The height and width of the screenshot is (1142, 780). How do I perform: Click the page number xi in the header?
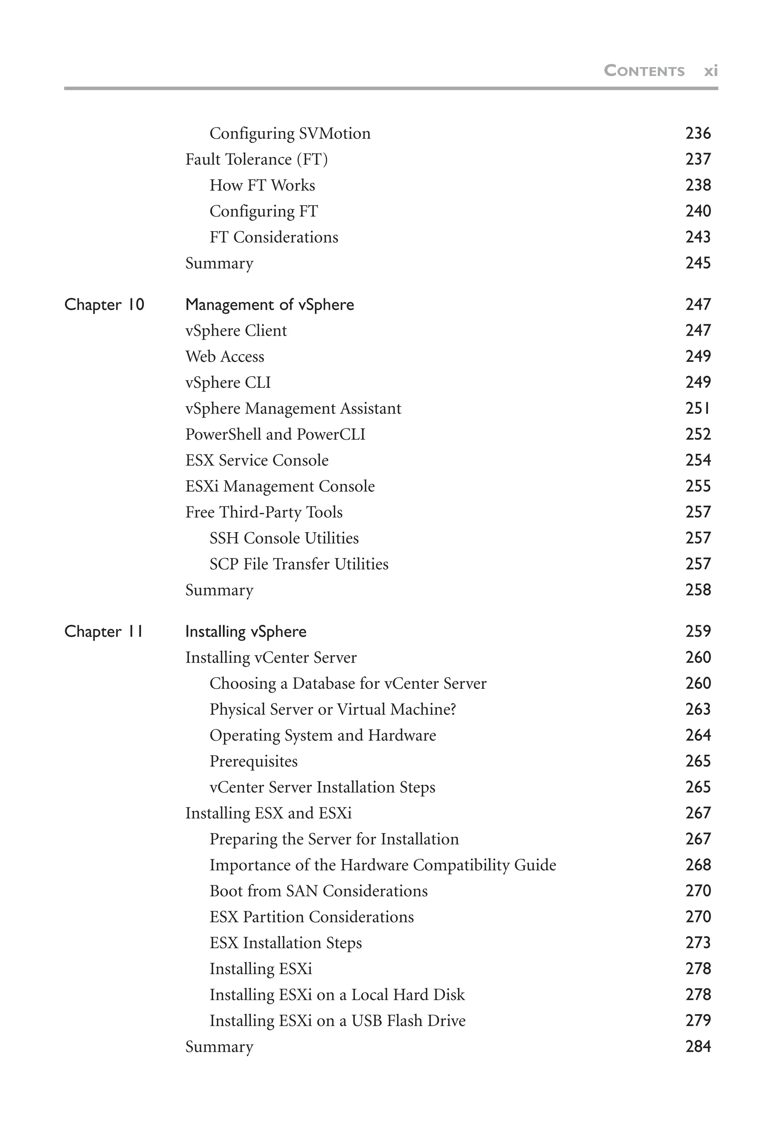click(x=711, y=71)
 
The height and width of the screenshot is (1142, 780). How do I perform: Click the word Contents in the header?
click(x=644, y=71)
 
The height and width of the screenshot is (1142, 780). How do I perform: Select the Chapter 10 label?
click(x=104, y=305)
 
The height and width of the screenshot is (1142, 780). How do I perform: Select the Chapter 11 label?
click(x=104, y=632)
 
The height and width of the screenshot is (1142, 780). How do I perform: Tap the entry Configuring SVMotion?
click(x=290, y=134)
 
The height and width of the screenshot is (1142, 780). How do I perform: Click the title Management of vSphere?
click(x=269, y=305)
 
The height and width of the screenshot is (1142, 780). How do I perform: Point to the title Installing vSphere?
click(x=246, y=632)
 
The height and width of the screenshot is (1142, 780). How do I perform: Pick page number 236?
click(x=698, y=134)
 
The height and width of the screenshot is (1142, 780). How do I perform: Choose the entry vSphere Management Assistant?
click(x=293, y=408)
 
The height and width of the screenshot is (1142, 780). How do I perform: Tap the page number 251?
click(x=698, y=408)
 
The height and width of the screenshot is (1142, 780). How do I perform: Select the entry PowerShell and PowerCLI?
click(x=275, y=434)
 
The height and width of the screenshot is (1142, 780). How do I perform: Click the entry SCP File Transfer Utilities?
click(x=299, y=564)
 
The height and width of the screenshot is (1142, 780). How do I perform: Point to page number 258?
click(x=698, y=590)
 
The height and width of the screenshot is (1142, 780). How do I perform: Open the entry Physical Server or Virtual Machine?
click(x=333, y=710)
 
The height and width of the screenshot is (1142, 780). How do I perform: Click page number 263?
click(x=698, y=710)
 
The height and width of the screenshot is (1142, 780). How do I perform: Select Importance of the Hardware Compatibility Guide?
click(x=383, y=865)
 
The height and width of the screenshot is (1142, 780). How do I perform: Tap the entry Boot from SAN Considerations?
click(x=318, y=892)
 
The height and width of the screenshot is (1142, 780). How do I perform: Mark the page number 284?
click(x=698, y=1047)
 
